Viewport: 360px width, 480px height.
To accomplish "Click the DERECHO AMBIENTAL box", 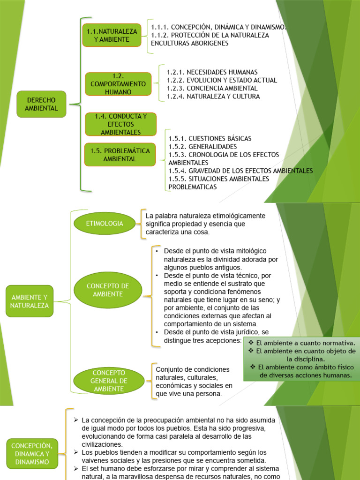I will (41, 104).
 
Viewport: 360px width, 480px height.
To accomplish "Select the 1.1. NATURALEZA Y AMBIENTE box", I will (112, 35).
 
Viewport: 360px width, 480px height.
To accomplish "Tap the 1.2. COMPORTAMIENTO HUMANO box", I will (118, 84).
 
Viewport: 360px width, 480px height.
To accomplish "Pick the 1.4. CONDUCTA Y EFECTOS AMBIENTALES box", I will (120, 124).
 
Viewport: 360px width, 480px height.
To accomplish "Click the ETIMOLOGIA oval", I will (105, 224).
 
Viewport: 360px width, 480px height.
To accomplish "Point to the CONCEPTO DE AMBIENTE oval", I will (108, 290).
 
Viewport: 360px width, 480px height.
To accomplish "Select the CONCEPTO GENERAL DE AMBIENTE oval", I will (108, 381).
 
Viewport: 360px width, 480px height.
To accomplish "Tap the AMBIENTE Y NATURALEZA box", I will (30, 301).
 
